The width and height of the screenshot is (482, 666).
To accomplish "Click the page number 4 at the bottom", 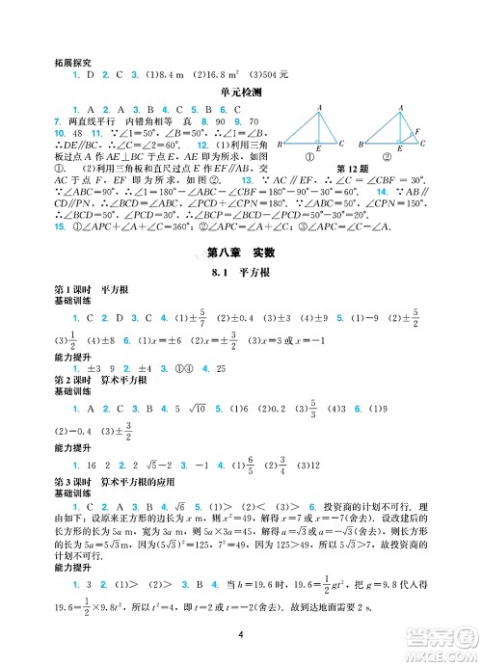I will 241,633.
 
